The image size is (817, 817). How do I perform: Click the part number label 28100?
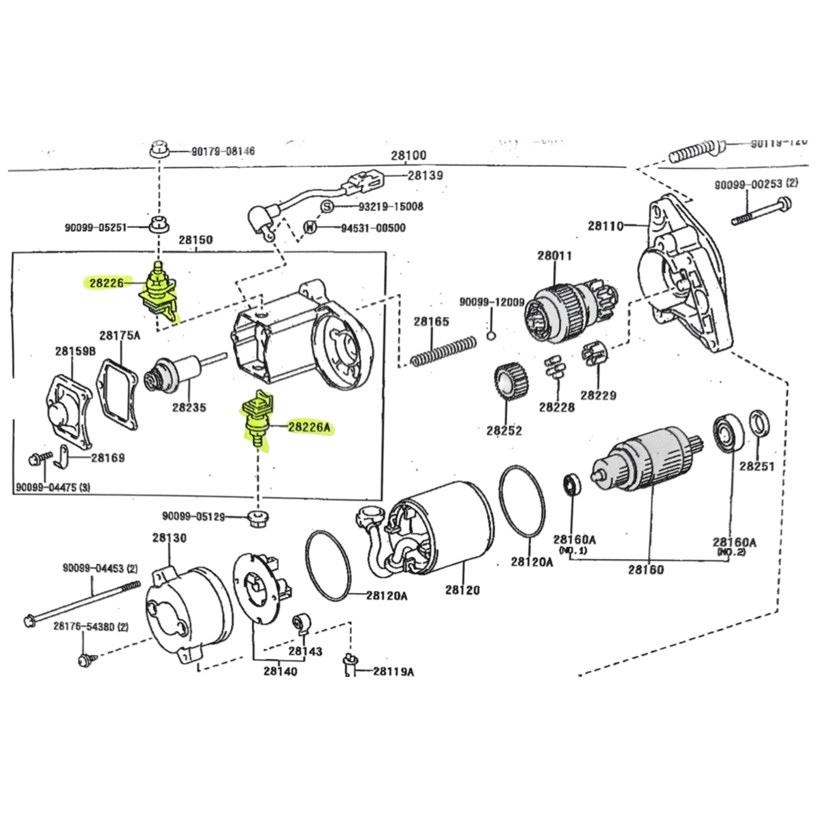pos(408,156)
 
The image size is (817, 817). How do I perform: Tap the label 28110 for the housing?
pos(606,225)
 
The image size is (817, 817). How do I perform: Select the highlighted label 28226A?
pos(310,428)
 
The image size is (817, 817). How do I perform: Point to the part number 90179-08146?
pos(223,151)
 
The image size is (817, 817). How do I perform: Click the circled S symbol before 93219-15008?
pos(327,206)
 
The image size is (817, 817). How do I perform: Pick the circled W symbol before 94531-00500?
pos(310,227)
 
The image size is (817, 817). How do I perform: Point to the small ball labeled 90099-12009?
pos(491,335)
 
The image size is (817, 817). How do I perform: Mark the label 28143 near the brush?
pos(305,651)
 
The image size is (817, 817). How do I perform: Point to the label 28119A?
pos(394,671)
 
